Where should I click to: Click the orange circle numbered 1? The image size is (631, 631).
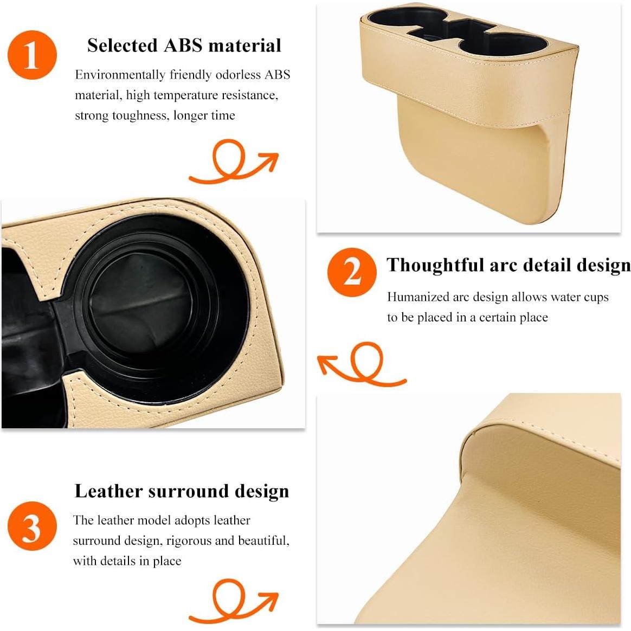32,55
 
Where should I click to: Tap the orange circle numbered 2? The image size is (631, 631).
352,272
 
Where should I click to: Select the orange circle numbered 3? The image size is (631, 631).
32,526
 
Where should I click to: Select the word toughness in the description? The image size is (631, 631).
140,115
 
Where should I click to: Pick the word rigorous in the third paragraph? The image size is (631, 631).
189,540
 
